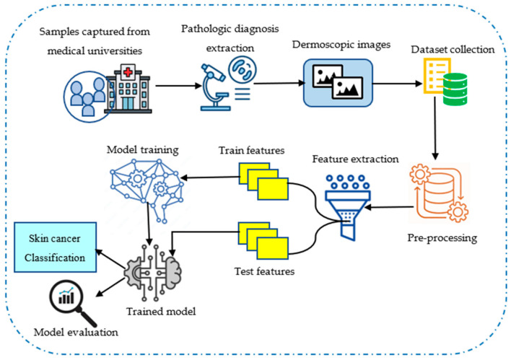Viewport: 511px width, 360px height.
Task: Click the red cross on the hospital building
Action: click(128, 71)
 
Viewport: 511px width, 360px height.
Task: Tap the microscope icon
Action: click(214, 87)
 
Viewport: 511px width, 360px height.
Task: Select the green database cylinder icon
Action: click(455, 89)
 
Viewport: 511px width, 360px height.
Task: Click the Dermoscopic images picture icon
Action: click(338, 83)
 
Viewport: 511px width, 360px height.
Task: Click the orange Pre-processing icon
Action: click(439, 193)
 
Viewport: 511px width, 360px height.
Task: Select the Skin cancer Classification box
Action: click(55, 247)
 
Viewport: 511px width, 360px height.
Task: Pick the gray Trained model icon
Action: click(153, 273)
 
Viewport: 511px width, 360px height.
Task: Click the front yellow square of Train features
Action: click(273, 189)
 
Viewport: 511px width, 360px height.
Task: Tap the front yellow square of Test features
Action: click(272, 248)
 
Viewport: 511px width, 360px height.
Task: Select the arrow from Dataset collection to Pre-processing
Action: click(434, 128)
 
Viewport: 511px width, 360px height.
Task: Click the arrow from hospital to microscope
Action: click(178, 86)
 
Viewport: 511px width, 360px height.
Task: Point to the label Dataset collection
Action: click(453, 50)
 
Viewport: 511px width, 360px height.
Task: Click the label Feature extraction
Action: click(355, 159)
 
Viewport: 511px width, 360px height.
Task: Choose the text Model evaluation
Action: click(76, 333)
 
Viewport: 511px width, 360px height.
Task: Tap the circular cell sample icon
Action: click(242, 69)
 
